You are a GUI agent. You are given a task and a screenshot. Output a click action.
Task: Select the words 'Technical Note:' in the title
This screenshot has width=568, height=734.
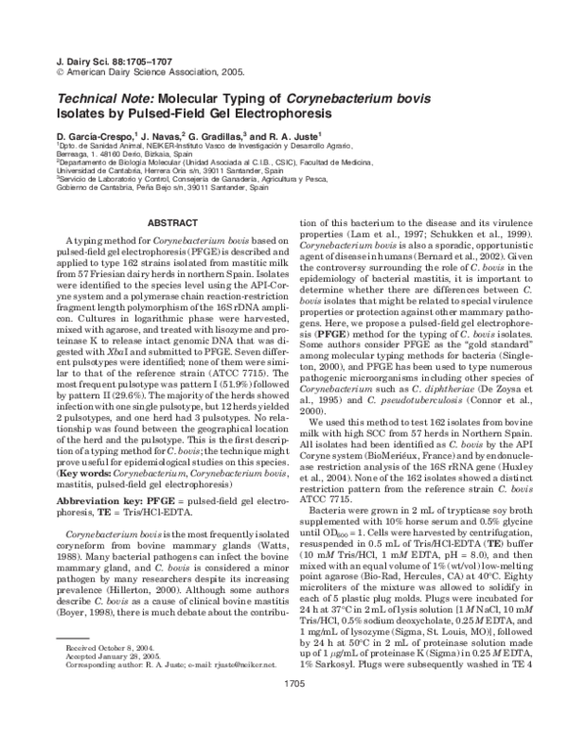click(99, 98)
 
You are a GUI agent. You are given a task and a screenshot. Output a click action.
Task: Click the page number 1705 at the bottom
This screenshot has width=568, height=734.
click(283, 710)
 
